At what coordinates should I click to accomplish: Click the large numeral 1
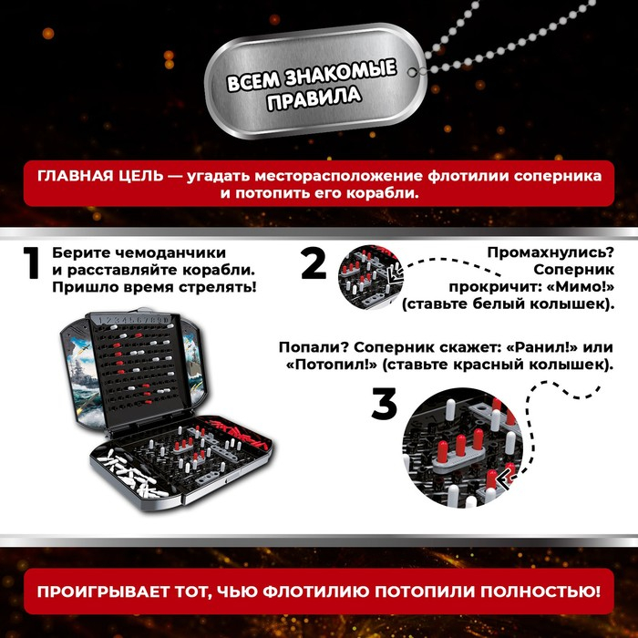pos(31,265)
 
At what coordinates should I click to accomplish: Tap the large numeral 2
pos(314,264)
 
